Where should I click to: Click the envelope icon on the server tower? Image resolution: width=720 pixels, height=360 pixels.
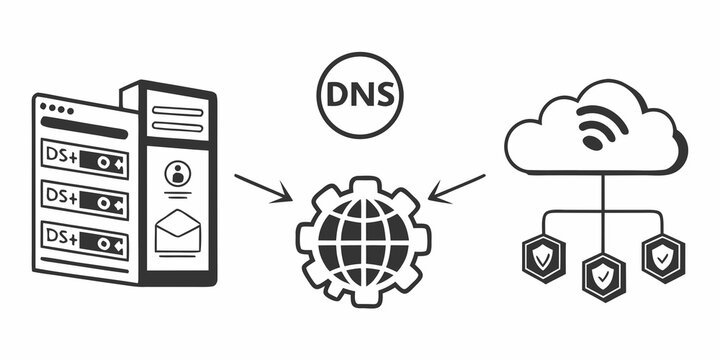(180, 232)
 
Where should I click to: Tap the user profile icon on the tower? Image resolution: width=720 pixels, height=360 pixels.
(180, 174)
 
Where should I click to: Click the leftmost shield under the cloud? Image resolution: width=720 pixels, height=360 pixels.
(541, 259)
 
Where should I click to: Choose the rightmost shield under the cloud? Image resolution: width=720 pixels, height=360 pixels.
(661, 259)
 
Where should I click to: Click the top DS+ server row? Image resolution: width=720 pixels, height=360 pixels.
(84, 158)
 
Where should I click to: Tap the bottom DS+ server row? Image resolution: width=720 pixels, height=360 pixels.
(84, 241)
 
